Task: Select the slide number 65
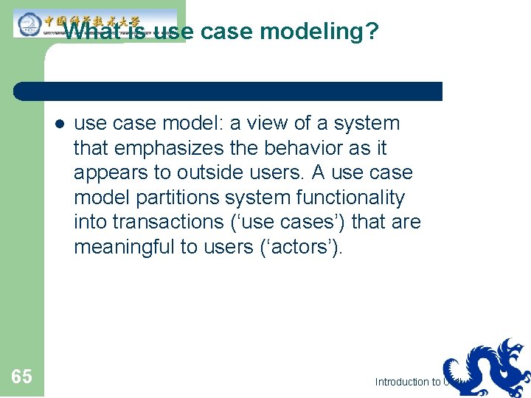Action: (22, 377)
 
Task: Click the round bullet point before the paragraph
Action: (59, 124)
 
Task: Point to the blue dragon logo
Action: (487, 369)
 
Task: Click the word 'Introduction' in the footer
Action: (403, 382)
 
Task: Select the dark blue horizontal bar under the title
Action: (229, 91)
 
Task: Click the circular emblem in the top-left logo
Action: (28, 24)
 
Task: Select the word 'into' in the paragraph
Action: (91, 222)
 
